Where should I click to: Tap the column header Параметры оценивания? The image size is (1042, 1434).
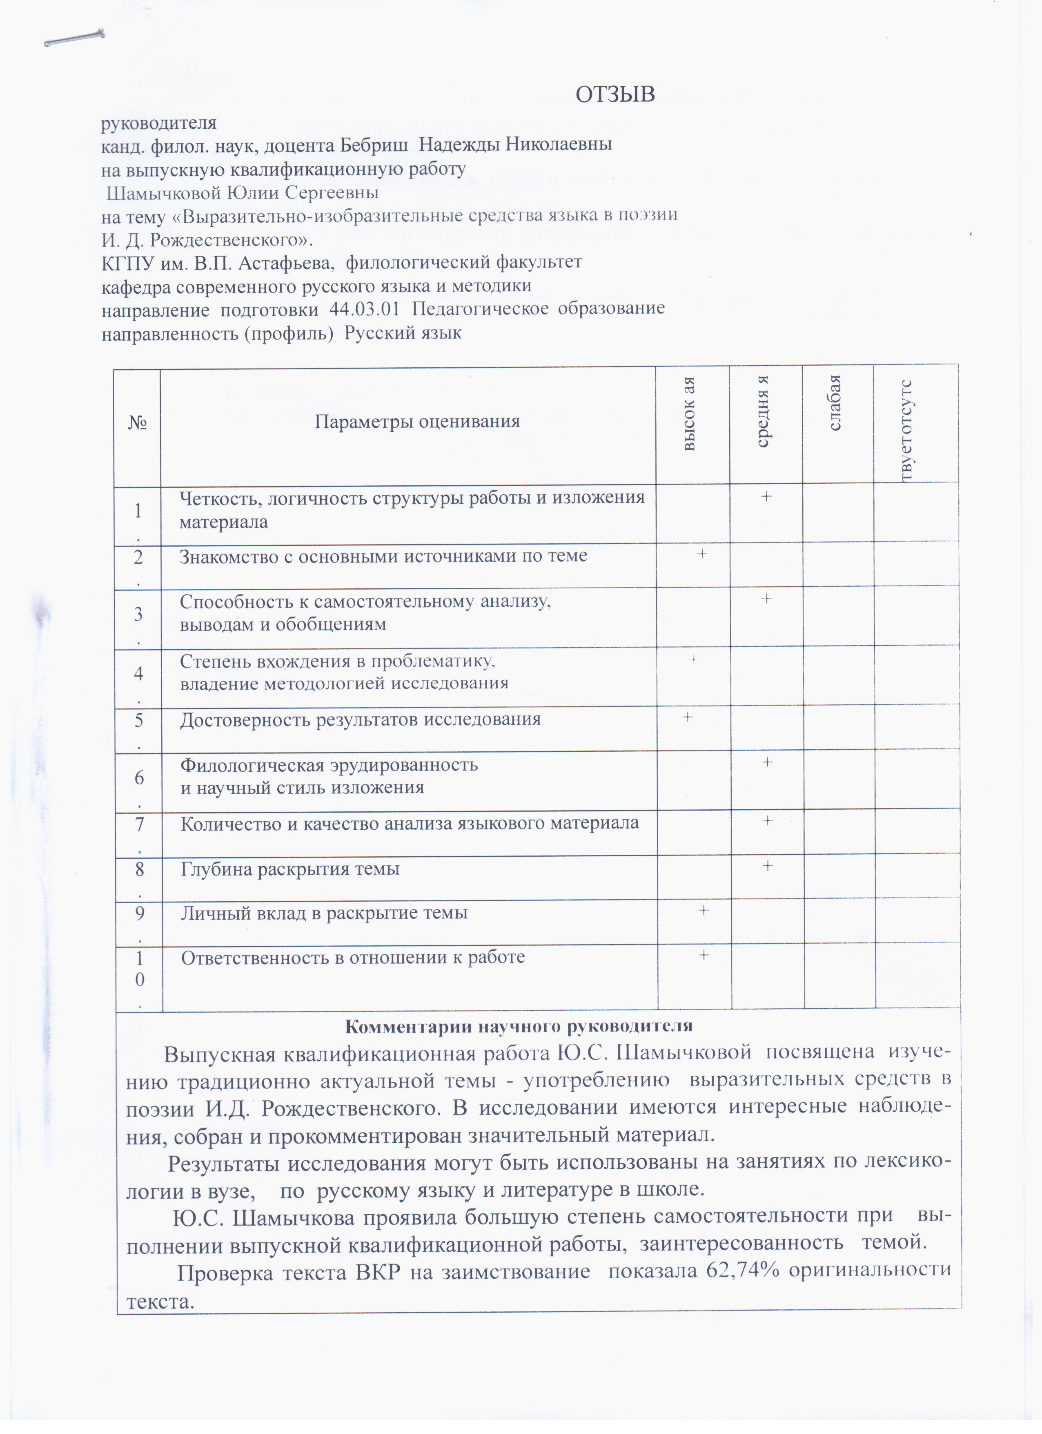coord(417,422)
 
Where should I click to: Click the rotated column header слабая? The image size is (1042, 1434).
coord(835,403)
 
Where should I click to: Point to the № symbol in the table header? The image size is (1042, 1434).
coord(137,422)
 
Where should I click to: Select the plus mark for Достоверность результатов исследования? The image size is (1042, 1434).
coord(688,718)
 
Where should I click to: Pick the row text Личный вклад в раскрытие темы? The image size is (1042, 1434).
coord(324,913)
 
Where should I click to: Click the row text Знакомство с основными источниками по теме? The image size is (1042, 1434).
coord(383,556)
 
